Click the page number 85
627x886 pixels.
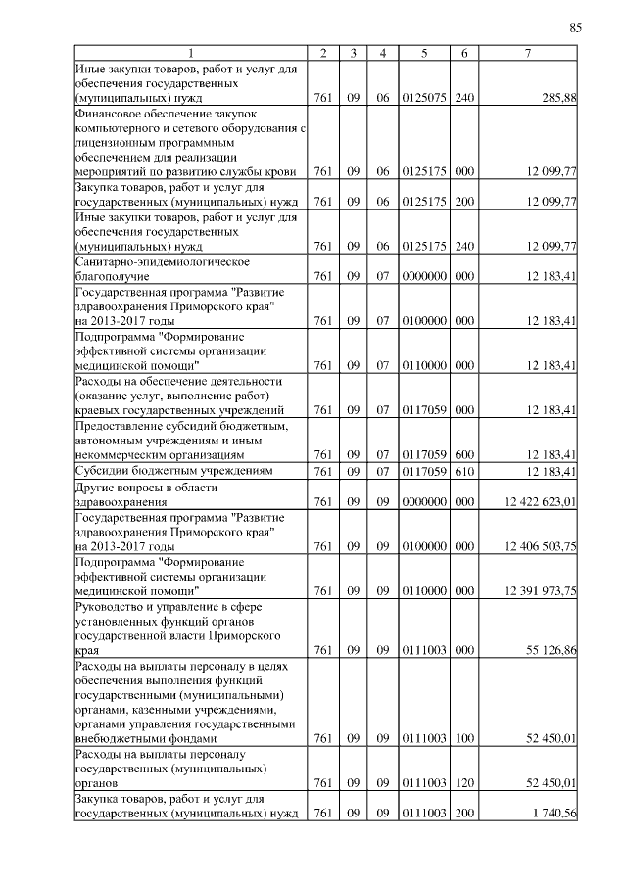pos(575,28)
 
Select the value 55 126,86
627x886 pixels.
pos(552,649)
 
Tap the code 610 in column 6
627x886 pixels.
pos(464,472)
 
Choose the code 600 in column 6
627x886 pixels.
pos(464,455)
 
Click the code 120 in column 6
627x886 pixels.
pos(464,784)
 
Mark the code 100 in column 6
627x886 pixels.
pos(464,740)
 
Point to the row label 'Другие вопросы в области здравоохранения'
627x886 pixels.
pos(147,494)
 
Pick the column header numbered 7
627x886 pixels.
pos(528,52)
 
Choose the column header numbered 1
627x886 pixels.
pos(191,52)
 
